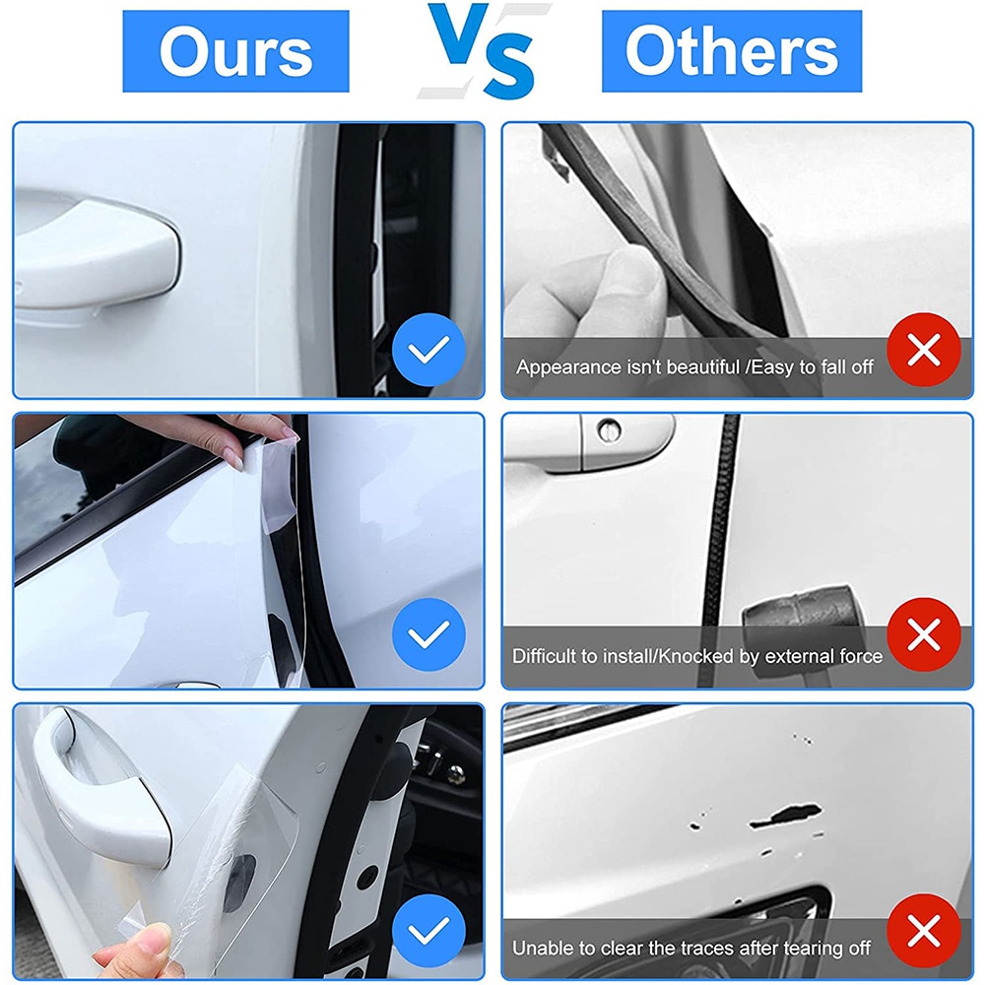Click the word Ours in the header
[x=235, y=51]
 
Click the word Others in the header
[x=731, y=50]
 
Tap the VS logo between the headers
[x=485, y=50]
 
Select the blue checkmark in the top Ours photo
[x=428, y=350]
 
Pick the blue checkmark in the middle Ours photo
[x=428, y=634]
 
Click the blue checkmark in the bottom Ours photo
[x=428, y=931]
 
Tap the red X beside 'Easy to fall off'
[x=924, y=350]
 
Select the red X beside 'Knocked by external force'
[x=924, y=634]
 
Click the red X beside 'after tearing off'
[x=924, y=931]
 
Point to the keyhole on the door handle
[x=608, y=431]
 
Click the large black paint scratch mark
[x=785, y=815]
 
